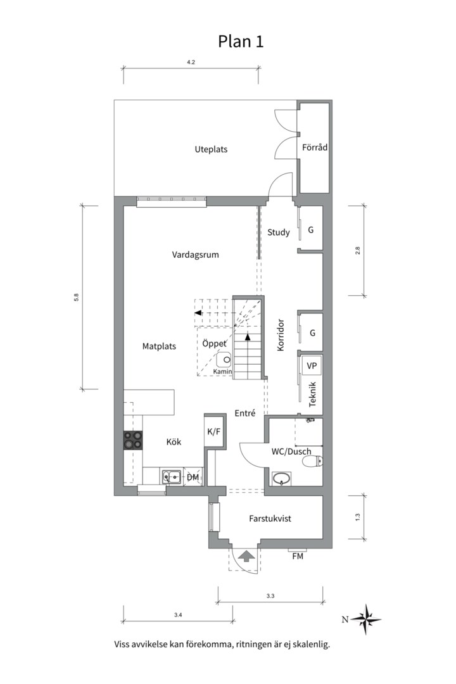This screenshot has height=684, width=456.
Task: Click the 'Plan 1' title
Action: pos(241,41)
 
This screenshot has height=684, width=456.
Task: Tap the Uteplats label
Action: pos(211,149)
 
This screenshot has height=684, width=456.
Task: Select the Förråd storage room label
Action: pos(315,147)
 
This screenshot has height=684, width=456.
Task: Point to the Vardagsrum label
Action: pos(196,255)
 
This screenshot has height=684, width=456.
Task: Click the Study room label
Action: pos(279,232)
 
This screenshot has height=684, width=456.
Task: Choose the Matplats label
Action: pos(159,346)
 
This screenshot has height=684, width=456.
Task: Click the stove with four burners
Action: pos(132,440)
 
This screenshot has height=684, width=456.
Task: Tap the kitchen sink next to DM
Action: pos(172,477)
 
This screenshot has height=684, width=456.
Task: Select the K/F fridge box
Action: pos(214,432)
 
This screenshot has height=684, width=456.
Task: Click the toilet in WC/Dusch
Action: pos(313,460)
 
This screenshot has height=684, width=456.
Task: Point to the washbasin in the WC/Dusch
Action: pos(282,479)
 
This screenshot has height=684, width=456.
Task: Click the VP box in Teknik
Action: pos(312,365)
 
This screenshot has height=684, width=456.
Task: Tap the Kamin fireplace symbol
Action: pos(225,359)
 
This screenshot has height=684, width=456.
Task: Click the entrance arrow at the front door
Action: pos(247,556)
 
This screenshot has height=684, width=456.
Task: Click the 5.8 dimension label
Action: pos(77,298)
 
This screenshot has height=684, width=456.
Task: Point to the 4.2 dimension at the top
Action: pos(191,62)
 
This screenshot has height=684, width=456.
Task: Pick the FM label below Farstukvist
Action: pos(298,556)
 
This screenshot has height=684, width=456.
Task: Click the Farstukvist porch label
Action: pos(270,519)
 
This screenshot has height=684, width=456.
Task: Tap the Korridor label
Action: pos(281,335)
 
